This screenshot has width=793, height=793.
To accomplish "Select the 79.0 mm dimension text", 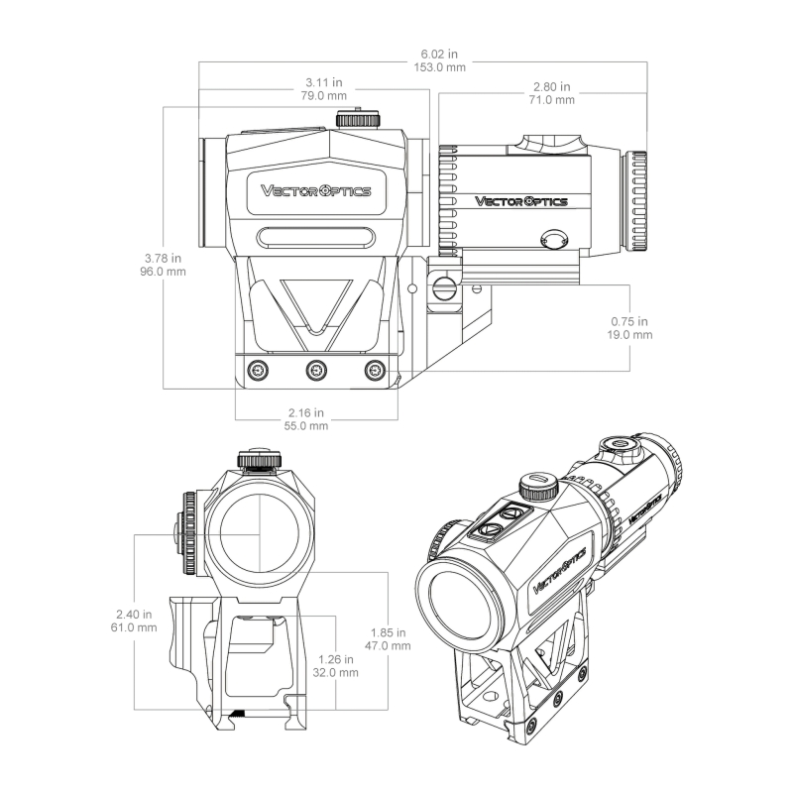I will click(x=324, y=97).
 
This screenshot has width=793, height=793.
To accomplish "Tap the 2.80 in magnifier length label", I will click(x=552, y=86).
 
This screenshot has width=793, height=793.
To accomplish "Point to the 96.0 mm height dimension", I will click(x=164, y=270).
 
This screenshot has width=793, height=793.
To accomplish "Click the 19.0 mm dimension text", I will click(x=629, y=335).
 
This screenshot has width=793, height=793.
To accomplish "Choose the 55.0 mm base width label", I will click(x=306, y=425).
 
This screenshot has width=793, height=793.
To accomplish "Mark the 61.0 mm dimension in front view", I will click(x=134, y=627).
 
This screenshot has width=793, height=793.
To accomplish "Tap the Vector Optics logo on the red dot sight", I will click(x=315, y=190).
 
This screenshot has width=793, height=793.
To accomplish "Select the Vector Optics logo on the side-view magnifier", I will click(x=521, y=201).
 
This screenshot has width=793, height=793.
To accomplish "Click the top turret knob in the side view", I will click(x=359, y=119).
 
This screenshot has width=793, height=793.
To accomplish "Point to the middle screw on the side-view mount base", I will click(x=316, y=370).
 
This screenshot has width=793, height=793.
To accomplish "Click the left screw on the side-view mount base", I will click(x=259, y=370).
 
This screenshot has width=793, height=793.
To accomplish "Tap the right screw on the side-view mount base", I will click(x=374, y=370).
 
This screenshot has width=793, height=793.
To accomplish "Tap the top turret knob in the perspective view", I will click(x=539, y=487).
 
